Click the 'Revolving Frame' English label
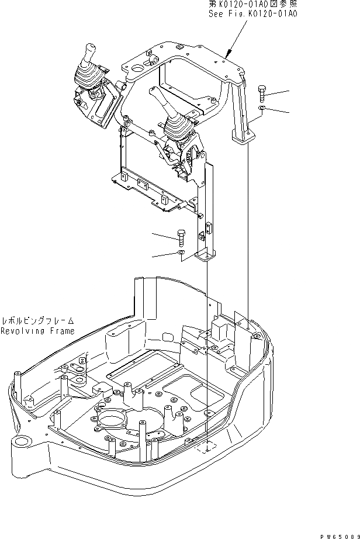point(37,331)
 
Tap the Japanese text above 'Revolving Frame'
point(38,321)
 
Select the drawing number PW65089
point(339,533)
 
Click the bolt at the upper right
point(262,93)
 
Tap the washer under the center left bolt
point(182,252)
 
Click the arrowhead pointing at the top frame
point(227,56)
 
